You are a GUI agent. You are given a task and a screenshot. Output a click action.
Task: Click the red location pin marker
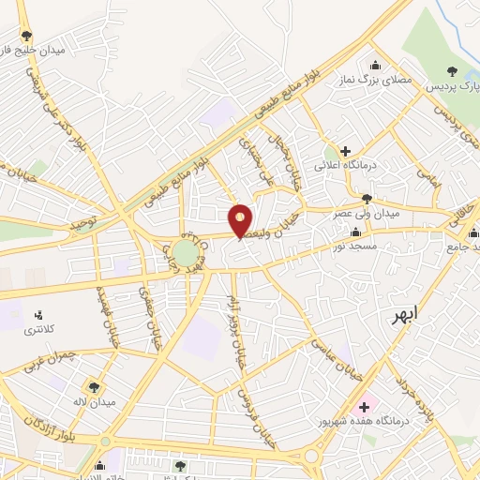point(241,220)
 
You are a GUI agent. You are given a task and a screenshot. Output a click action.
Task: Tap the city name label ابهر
point(409,316)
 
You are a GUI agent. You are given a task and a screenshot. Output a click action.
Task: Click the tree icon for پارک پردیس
point(453,70)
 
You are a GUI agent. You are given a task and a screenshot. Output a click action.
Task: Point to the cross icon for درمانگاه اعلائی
point(345,150)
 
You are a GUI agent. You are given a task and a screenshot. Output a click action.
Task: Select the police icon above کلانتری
point(38,314)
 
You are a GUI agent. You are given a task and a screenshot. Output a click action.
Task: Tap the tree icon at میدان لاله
point(94,386)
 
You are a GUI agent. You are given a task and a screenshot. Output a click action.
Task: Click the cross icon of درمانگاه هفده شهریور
point(364,407)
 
